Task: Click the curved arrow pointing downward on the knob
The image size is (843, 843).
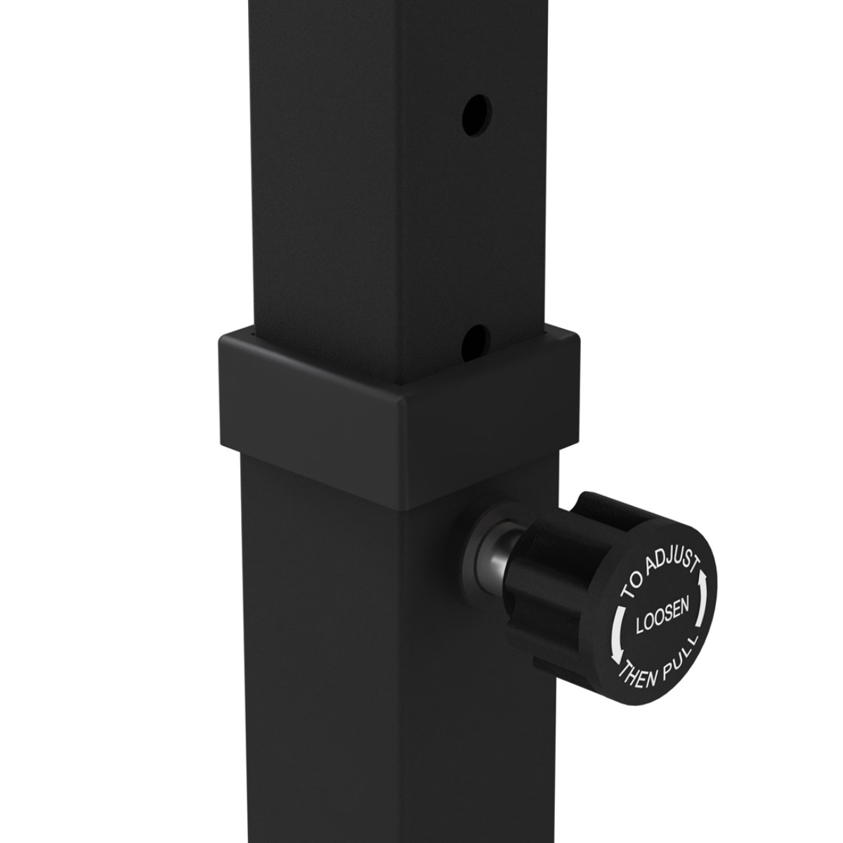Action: click(x=615, y=636)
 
